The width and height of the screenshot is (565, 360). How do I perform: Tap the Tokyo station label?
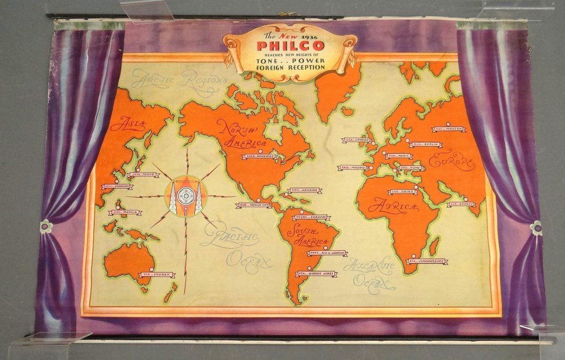point(142,175)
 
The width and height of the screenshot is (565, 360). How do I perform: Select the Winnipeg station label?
point(259,156)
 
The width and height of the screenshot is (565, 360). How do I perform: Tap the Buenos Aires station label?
point(316,273)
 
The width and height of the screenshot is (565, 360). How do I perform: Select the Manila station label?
point(126,212)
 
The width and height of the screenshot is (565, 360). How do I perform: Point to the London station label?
point(357,140)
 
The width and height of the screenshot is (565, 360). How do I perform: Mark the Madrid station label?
point(352,168)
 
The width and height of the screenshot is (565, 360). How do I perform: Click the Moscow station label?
point(447,129)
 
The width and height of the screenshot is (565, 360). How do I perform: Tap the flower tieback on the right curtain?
point(535,228)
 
